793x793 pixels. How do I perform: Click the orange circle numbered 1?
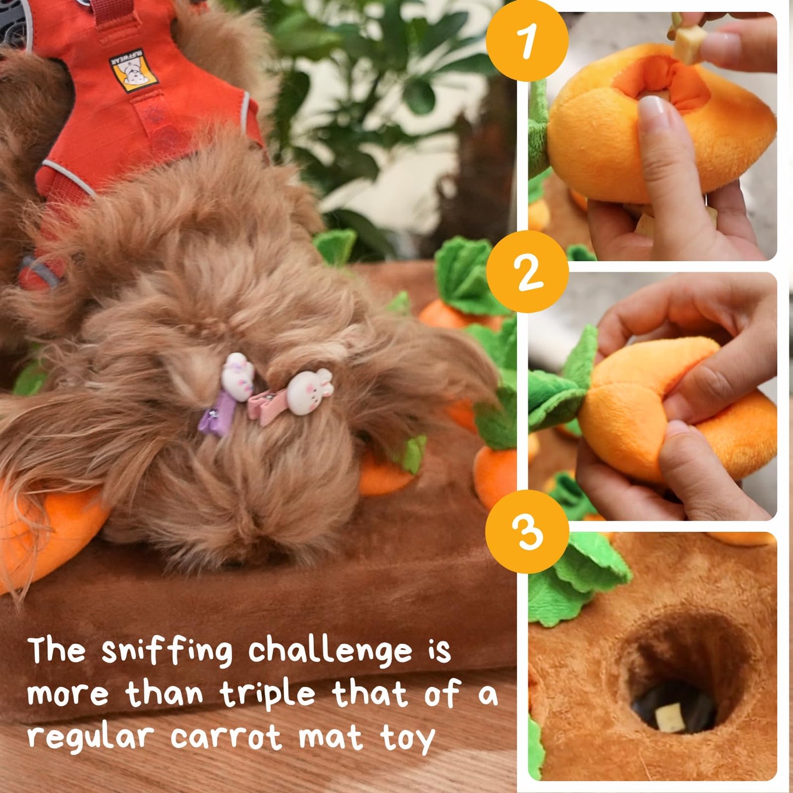pyautogui.click(x=527, y=40)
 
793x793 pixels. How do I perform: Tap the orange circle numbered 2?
pyautogui.click(x=527, y=272)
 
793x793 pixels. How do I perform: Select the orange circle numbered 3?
pyautogui.click(x=527, y=531)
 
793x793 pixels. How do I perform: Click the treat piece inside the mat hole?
pyautogui.click(x=670, y=717)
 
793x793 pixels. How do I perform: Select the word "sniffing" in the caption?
pyautogui.click(x=167, y=651)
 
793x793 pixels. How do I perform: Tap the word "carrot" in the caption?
pyautogui.click(x=226, y=737)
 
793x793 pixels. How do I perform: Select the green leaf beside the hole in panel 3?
pyautogui.click(x=576, y=582)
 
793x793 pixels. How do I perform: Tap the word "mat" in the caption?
pyautogui.click(x=330, y=737)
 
